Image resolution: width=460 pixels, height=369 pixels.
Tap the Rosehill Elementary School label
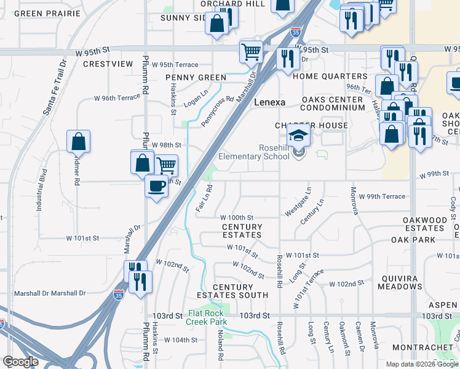click(274, 152)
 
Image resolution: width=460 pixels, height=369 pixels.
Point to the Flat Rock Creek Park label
click(207, 317)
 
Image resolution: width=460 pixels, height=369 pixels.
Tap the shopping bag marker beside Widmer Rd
click(79, 142)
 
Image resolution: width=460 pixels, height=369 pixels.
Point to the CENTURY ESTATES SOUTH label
click(240, 291)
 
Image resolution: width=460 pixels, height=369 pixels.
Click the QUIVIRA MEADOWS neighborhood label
click(400, 282)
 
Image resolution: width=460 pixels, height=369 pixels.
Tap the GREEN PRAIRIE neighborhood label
click(47, 14)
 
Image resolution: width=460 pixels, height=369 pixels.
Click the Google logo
click(20, 362)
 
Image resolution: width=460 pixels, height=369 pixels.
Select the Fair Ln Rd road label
click(204, 199)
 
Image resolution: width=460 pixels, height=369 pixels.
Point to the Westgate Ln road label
click(298, 202)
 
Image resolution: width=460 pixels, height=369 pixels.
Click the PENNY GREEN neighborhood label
click(196, 77)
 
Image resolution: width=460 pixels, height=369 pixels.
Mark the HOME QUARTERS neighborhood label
click(330, 77)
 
